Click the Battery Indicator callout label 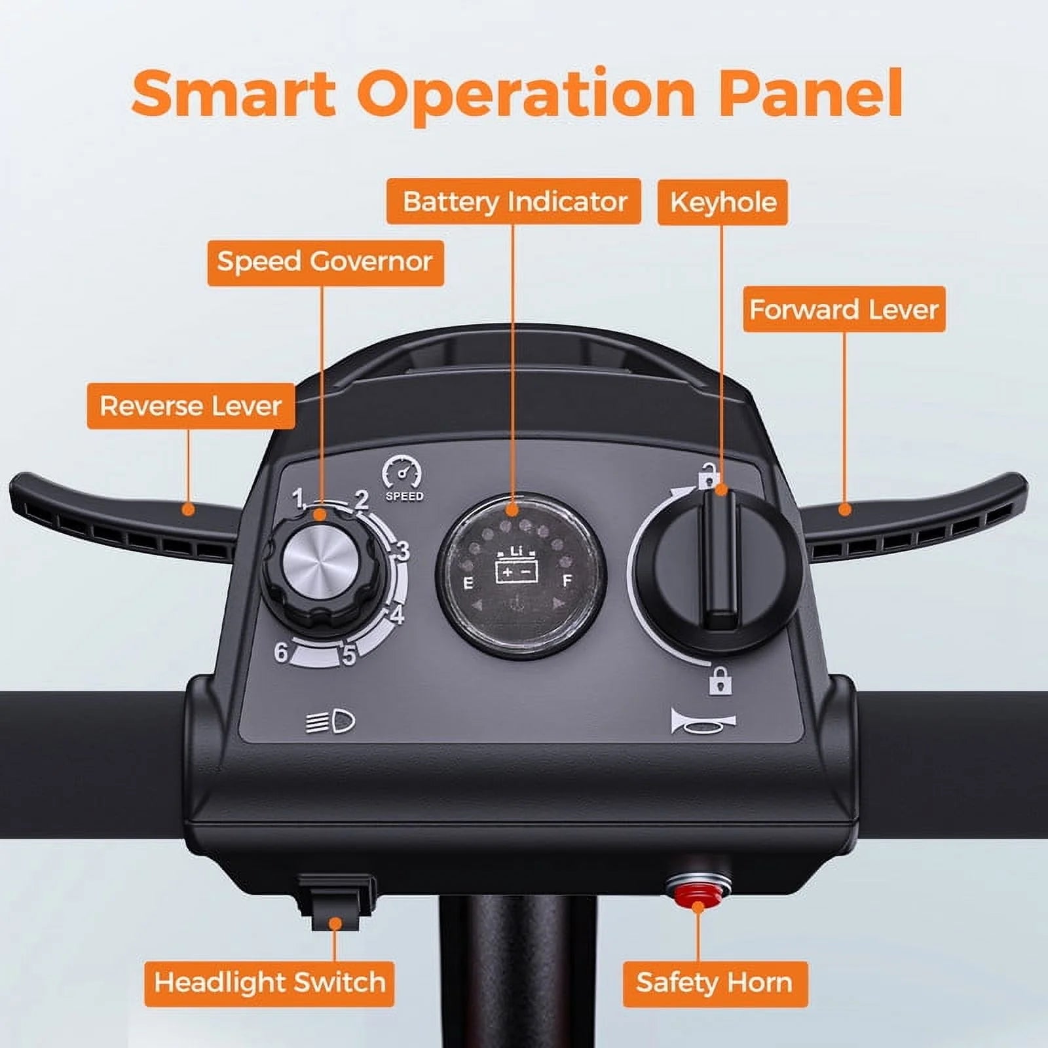[x=514, y=201]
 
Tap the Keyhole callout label [x=722, y=202]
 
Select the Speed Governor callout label [x=326, y=263]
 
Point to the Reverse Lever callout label [x=191, y=406]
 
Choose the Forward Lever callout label [x=844, y=309]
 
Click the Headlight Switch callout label [x=269, y=983]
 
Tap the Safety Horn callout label [x=715, y=983]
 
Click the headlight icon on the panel [x=331, y=722]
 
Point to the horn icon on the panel [x=703, y=721]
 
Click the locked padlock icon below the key [x=719, y=680]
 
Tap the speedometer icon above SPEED [x=402, y=471]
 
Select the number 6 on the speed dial [x=281, y=652]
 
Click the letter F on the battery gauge [x=567, y=580]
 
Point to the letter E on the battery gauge [x=468, y=582]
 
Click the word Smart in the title [x=234, y=93]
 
